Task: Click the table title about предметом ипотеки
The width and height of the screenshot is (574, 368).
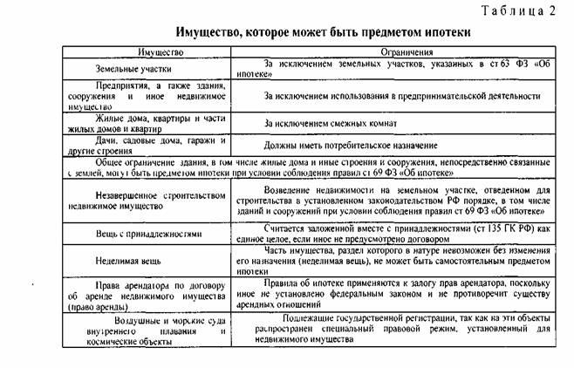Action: pyautogui.click(x=323, y=32)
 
